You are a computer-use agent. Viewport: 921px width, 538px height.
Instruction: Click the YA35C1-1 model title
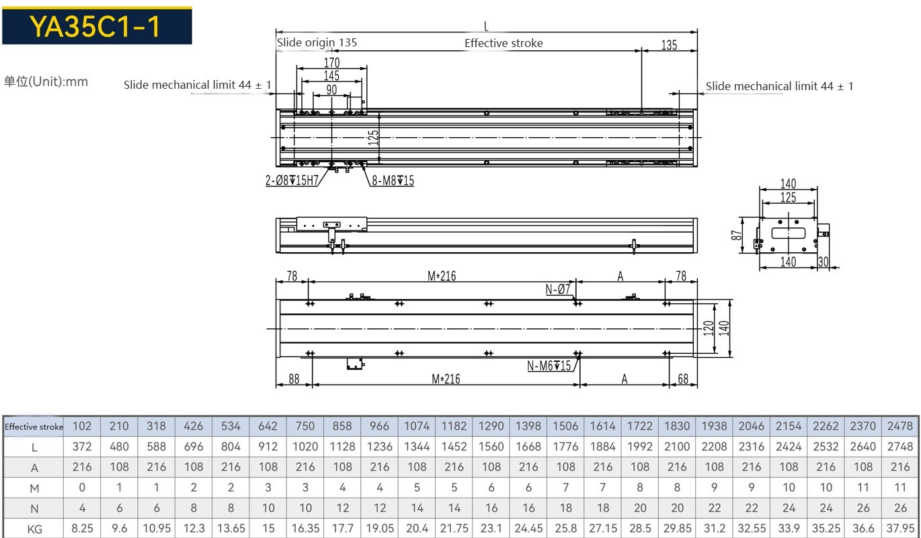click(95, 26)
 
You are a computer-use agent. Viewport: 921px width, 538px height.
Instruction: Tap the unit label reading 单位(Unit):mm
click(46, 81)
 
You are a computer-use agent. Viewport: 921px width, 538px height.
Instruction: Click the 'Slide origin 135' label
click(317, 42)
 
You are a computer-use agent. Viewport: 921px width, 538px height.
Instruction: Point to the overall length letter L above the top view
click(486, 26)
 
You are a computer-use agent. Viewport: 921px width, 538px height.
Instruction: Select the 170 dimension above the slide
click(332, 63)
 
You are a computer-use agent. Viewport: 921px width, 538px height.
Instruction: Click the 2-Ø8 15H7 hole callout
click(292, 180)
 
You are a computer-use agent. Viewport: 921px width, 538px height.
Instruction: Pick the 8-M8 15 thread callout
click(393, 180)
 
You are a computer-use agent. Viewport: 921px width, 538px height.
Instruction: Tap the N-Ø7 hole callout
click(558, 289)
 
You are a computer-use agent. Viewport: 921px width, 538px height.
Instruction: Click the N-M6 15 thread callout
click(549, 365)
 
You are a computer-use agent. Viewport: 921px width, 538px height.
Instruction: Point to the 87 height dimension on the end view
click(736, 235)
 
